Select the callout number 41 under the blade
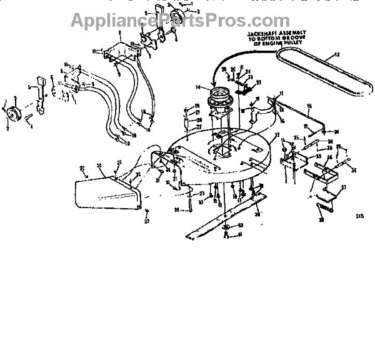coord(239,235)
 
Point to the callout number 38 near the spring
coord(321,220)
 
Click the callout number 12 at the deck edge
coord(277,135)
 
